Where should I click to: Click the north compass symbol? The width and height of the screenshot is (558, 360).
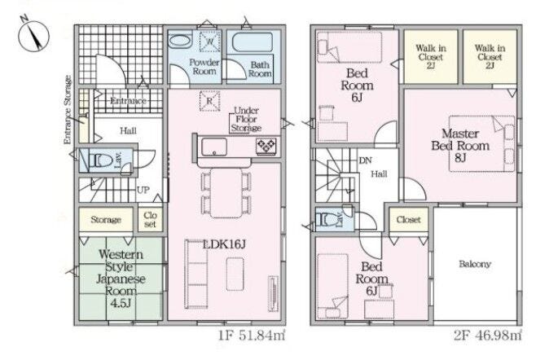(x=33, y=35)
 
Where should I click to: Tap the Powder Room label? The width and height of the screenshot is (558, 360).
(x=204, y=67)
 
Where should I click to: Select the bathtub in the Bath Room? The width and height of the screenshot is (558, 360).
(x=253, y=42)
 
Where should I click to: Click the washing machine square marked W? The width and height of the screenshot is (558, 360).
(x=209, y=42)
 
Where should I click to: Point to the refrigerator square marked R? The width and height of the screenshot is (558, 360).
(x=209, y=101)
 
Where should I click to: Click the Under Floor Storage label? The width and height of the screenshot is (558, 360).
(x=246, y=119)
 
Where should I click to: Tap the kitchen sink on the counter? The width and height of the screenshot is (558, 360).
(x=214, y=147)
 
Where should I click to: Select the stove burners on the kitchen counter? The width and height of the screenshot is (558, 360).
(x=266, y=146)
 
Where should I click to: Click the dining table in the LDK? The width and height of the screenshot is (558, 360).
(x=226, y=192)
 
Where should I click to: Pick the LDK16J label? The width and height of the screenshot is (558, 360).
(x=224, y=244)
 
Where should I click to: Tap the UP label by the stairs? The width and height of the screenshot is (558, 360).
(x=143, y=190)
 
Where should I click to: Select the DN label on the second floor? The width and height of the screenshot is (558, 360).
(x=365, y=160)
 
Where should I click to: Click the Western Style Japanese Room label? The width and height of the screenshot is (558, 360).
(x=121, y=279)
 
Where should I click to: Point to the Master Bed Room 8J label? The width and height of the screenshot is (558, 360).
(x=460, y=145)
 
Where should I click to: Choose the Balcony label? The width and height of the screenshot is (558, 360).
(x=475, y=264)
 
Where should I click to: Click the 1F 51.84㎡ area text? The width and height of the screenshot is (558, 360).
(x=252, y=336)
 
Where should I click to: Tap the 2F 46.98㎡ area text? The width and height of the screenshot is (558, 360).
(x=488, y=336)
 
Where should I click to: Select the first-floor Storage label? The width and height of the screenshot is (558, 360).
(x=106, y=219)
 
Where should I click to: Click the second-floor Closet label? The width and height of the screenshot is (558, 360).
(x=409, y=219)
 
